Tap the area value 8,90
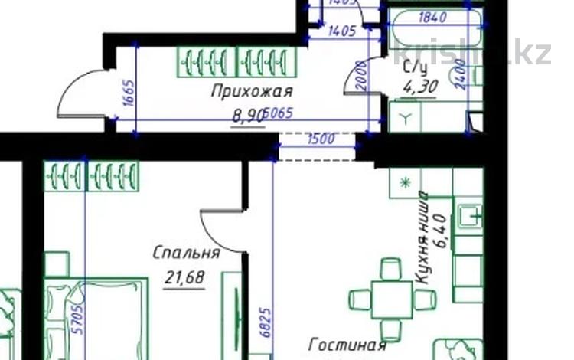click(x=249, y=116)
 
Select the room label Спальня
click(x=186, y=253)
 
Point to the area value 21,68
click(x=184, y=277)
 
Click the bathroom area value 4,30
click(x=420, y=87)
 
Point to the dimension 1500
click(x=320, y=140)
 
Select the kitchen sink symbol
click(x=468, y=218)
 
